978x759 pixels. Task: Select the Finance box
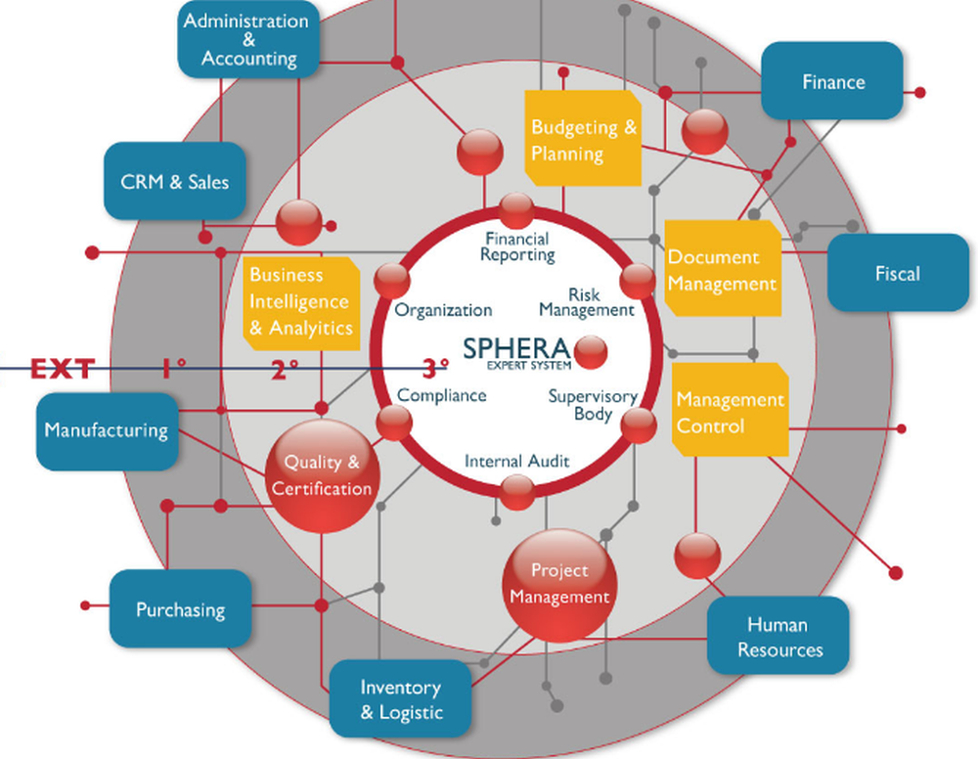[x=832, y=81]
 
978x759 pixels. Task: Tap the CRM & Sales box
[x=174, y=182]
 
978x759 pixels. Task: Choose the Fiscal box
[x=897, y=273]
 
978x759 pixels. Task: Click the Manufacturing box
[x=107, y=430]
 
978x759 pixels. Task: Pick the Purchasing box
[x=180, y=609]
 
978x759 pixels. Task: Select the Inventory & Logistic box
[x=400, y=699]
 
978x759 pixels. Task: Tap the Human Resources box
[x=778, y=637]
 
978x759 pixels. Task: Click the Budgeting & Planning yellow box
[x=583, y=139]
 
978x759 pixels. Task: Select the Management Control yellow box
[x=730, y=412]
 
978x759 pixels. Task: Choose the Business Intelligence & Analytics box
[x=299, y=301]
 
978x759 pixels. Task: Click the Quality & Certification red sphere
[x=321, y=476]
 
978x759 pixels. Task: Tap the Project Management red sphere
[x=559, y=584]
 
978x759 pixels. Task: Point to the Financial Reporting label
[x=516, y=246]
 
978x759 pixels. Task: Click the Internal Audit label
[x=516, y=461]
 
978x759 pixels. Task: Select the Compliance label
[x=442, y=395]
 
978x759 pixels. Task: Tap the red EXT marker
[x=63, y=368]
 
